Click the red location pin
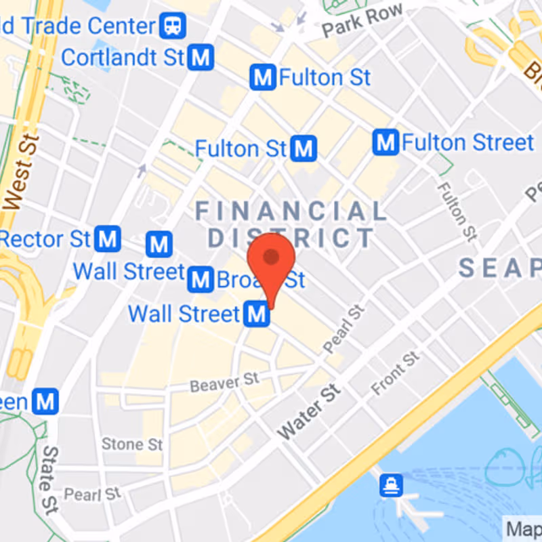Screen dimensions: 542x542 pyautogui.click(x=271, y=261)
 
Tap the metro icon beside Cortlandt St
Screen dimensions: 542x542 pyautogui.click(x=201, y=58)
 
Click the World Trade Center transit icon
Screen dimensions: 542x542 pyautogui.click(x=173, y=27)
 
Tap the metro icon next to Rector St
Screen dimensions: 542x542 pyautogui.click(x=108, y=238)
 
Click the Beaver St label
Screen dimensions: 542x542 pyautogui.click(x=224, y=383)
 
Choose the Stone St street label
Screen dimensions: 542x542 pyautogui.click(x=132, y=444)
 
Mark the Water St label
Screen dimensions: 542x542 pyautogui.click(x=308, y=411)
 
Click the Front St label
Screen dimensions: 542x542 pyautogui.click(x=396, y=373)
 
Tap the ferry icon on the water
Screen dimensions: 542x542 pyautogui.click(x=392, y=485)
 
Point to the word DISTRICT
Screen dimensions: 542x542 pyautogui.click(x=291, y=238)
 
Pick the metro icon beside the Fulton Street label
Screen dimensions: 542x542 pyautogui.click(x=385, y=143)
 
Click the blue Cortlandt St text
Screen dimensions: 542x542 pyautogui.click(x=123, y=58)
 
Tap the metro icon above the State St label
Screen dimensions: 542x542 pyautogui.click(x=45, y=402)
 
